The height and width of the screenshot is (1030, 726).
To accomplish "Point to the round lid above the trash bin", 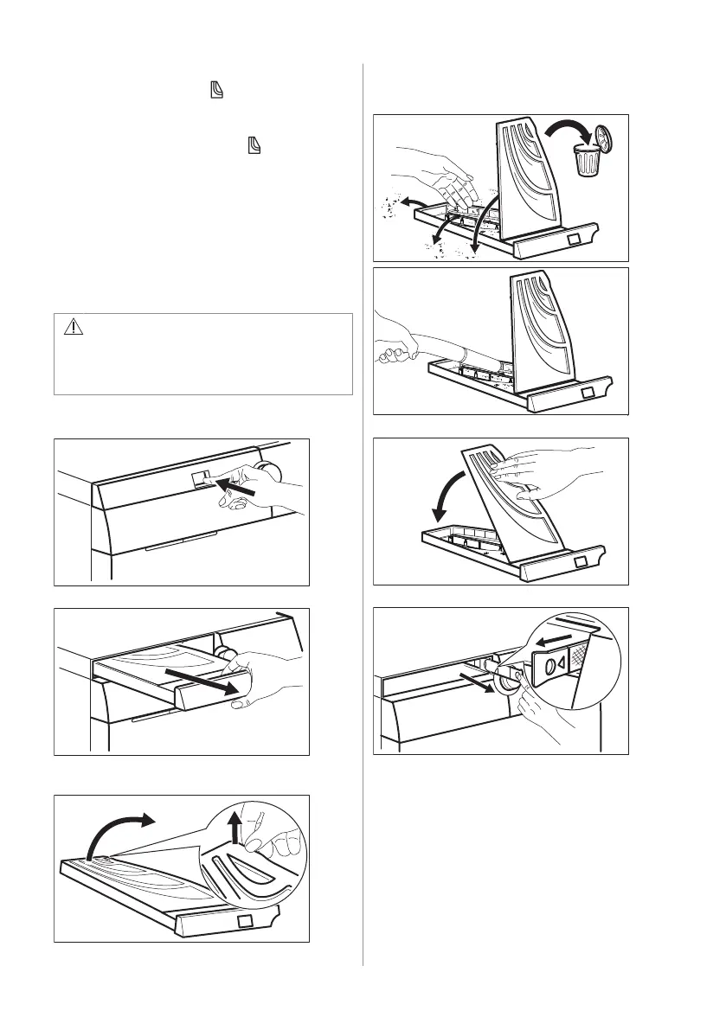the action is [602, 135].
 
